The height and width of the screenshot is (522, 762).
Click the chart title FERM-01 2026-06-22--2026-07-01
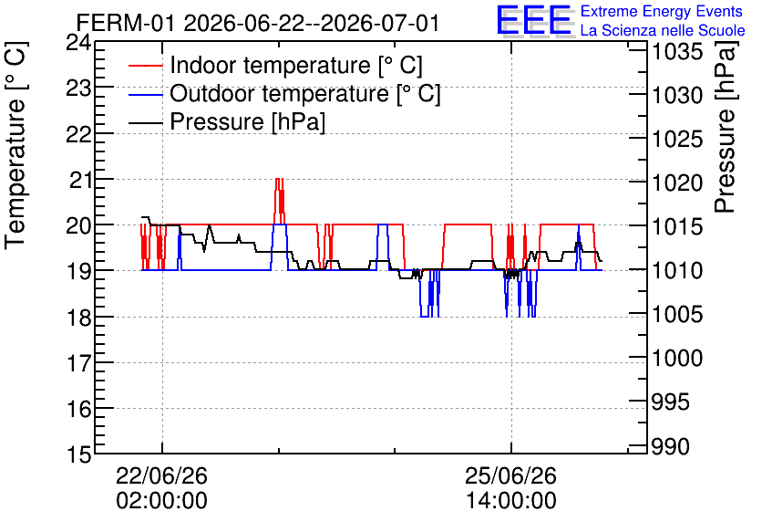(258, 23)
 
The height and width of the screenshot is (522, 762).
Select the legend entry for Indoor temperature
(296, 65)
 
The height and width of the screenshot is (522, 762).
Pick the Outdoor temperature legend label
(305, 93)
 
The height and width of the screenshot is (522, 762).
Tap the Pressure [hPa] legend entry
(247, 121)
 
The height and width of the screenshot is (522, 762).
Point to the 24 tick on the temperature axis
(78, 43)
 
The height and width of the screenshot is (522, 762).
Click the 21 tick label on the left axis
(79, 181)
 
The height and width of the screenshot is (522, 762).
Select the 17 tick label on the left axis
(79, 363)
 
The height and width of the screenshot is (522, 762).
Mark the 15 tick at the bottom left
(78, 454)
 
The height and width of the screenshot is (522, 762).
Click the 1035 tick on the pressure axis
(676, 52)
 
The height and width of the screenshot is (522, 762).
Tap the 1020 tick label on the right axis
(676, 183)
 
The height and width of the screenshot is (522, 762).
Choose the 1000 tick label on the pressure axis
(676, 359)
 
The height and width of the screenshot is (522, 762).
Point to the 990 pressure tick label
(670, 446)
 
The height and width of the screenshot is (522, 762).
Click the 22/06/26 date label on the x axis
(161, 475)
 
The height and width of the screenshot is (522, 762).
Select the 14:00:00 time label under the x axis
(511, 501)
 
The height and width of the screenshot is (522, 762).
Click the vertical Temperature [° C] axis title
(15, 146)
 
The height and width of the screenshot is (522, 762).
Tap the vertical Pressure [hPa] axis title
(725, 127)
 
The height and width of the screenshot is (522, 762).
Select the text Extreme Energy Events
(662, 11)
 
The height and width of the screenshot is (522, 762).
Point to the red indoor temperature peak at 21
(279, 179)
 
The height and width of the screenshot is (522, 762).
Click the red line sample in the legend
(146, 66)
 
